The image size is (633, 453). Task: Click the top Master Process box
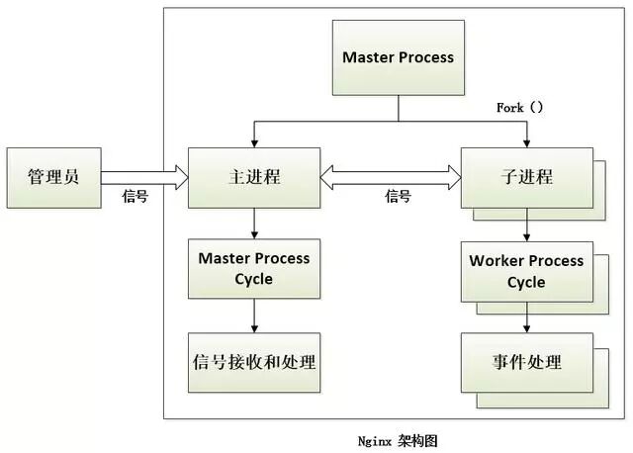point(398,57)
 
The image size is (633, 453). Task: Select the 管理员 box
point(53,178)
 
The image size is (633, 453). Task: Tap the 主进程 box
point(254,178)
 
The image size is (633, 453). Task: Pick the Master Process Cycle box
point(254,268)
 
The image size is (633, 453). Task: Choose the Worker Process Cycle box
point(526,271)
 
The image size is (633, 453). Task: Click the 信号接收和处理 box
point(254,362)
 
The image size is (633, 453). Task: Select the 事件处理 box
point(526,362)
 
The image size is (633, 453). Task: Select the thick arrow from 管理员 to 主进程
point(144,177)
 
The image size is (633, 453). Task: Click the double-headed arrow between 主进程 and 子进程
point(391,177)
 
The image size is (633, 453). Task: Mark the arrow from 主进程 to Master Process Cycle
point(254,225)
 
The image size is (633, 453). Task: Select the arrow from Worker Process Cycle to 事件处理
point(526,318)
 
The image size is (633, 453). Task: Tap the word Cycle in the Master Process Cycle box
point(254,279)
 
